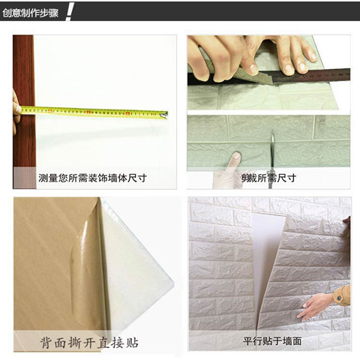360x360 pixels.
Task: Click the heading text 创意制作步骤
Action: point(31,13)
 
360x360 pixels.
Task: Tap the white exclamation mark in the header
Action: point(69,13)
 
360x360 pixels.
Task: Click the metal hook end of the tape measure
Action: point(164,115)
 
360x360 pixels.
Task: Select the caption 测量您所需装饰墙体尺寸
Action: point(92,178)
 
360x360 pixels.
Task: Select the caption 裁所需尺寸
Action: point(268,178)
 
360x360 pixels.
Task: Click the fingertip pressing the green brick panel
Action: point(235,157)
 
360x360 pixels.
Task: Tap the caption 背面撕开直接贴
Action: point(89,342)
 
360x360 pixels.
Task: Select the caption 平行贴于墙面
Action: point(272,341)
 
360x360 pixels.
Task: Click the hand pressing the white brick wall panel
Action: point(316,306)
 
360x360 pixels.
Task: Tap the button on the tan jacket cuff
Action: point(339,298)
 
